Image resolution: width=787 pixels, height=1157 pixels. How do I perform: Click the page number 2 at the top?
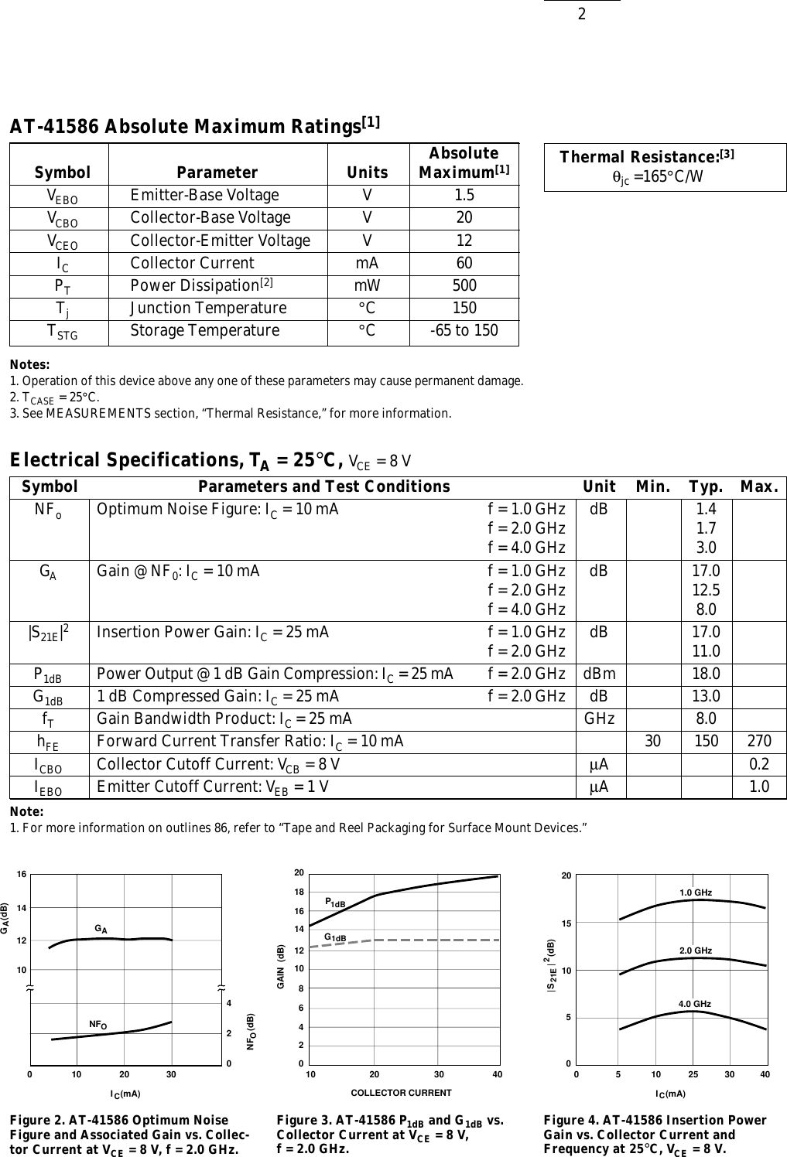pos(581,14)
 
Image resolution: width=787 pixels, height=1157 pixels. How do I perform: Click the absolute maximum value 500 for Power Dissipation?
pos(464,285)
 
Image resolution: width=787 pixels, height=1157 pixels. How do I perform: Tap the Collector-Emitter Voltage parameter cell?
pos(220,241)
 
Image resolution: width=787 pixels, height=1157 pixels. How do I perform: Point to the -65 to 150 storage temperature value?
pos(464,331)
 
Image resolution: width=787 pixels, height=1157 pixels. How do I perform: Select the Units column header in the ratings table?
pos(368,172)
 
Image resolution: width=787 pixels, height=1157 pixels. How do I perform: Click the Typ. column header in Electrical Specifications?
pos(706,486)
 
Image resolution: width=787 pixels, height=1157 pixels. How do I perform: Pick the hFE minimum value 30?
pos(653,742)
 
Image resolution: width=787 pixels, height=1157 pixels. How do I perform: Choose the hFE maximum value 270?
pos(758,742)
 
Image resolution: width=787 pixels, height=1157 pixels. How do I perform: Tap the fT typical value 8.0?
pos(706,719)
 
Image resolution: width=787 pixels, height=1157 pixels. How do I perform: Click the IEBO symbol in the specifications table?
pos(48,788)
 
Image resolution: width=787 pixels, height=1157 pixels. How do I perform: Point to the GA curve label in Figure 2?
pos(101,928)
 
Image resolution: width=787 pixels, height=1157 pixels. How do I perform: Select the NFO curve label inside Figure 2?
pos(98,1025)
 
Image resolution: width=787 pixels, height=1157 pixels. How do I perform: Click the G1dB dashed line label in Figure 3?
pos(334,937)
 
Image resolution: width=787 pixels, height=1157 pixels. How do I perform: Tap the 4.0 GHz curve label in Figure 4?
pos(695,1004)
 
